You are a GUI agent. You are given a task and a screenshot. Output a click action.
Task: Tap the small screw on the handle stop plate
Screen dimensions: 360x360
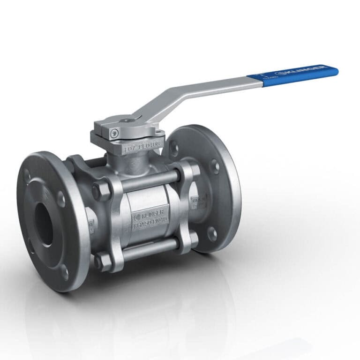tap(114, 134)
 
